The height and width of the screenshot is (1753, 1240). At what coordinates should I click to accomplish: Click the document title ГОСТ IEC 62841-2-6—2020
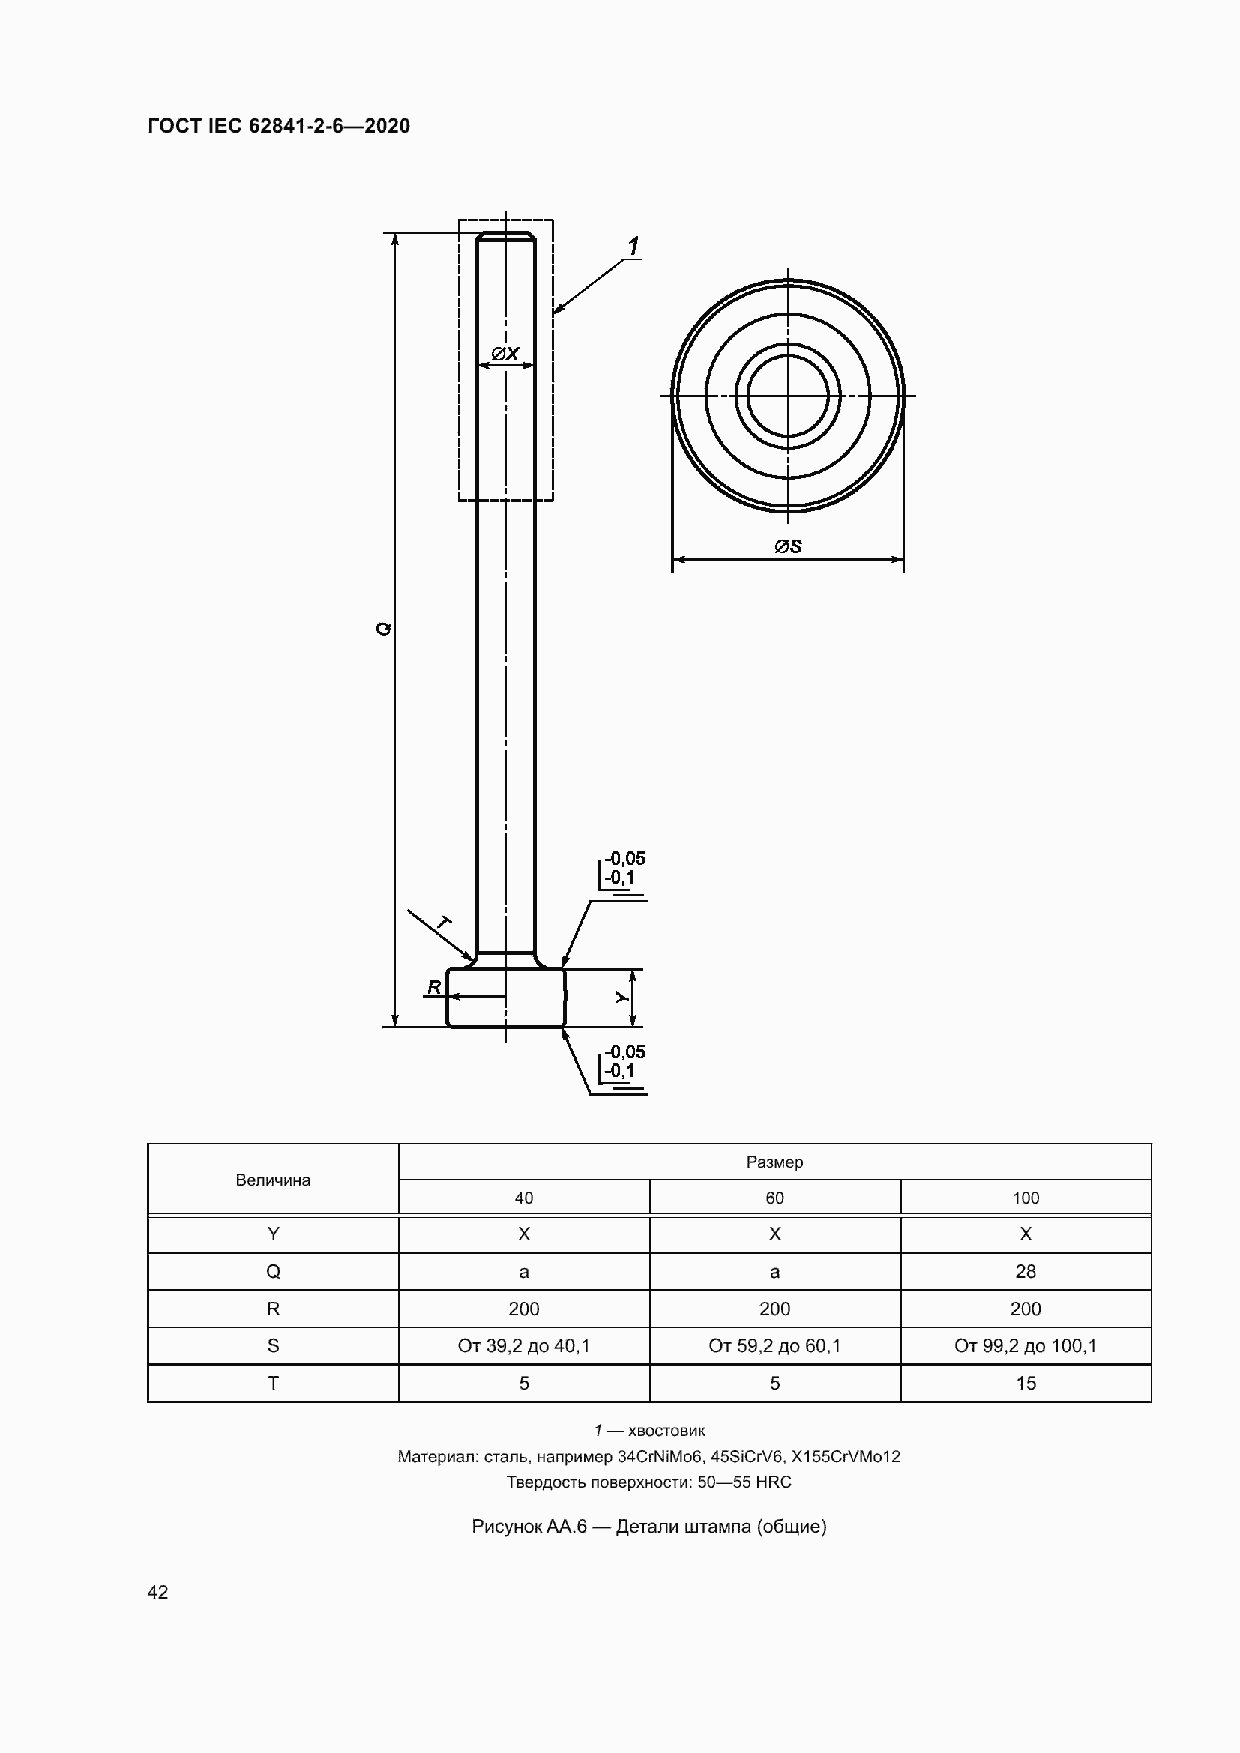(x=279, y=126)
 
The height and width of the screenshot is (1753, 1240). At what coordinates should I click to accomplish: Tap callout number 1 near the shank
(x=633, y=246)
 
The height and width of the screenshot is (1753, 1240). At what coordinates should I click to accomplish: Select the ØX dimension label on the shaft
(x=505, y=354)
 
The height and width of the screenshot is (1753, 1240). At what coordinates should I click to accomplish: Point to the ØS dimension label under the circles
(x=787, y=546)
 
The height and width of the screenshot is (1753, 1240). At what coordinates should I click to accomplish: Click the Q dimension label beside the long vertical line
(x=384, y=628)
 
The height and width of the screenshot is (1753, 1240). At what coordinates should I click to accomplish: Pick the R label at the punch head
(x=433, y=987)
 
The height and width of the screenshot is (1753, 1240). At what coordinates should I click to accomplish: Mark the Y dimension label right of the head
(x=622, y=997)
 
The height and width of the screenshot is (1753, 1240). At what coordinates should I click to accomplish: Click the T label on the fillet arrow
(x=443, y=923)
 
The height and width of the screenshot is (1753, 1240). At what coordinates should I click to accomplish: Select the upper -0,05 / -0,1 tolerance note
(x=624, y=868)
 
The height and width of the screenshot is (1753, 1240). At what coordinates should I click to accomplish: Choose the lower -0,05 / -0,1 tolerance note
(x=624, y=1061)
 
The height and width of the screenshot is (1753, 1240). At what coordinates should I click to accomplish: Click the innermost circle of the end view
(x=787, y=396)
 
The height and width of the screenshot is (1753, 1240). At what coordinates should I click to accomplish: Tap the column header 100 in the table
(x=1026, y=1198)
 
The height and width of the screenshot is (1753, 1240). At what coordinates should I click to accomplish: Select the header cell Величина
(x=273, y=1180)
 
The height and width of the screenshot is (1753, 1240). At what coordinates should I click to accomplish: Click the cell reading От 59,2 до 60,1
(x=774, y=1345)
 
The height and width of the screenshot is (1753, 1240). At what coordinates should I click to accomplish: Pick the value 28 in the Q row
(x=1026, y=1271)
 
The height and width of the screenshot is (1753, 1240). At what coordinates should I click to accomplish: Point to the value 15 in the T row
(x=1026, y=1383)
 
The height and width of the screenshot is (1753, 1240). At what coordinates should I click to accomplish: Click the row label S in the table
(x=273, y=1345)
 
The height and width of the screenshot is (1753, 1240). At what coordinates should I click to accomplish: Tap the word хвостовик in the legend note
(x=666, y=1430)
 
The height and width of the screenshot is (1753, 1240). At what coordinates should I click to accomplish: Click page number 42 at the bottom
(x=157, y=1592)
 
